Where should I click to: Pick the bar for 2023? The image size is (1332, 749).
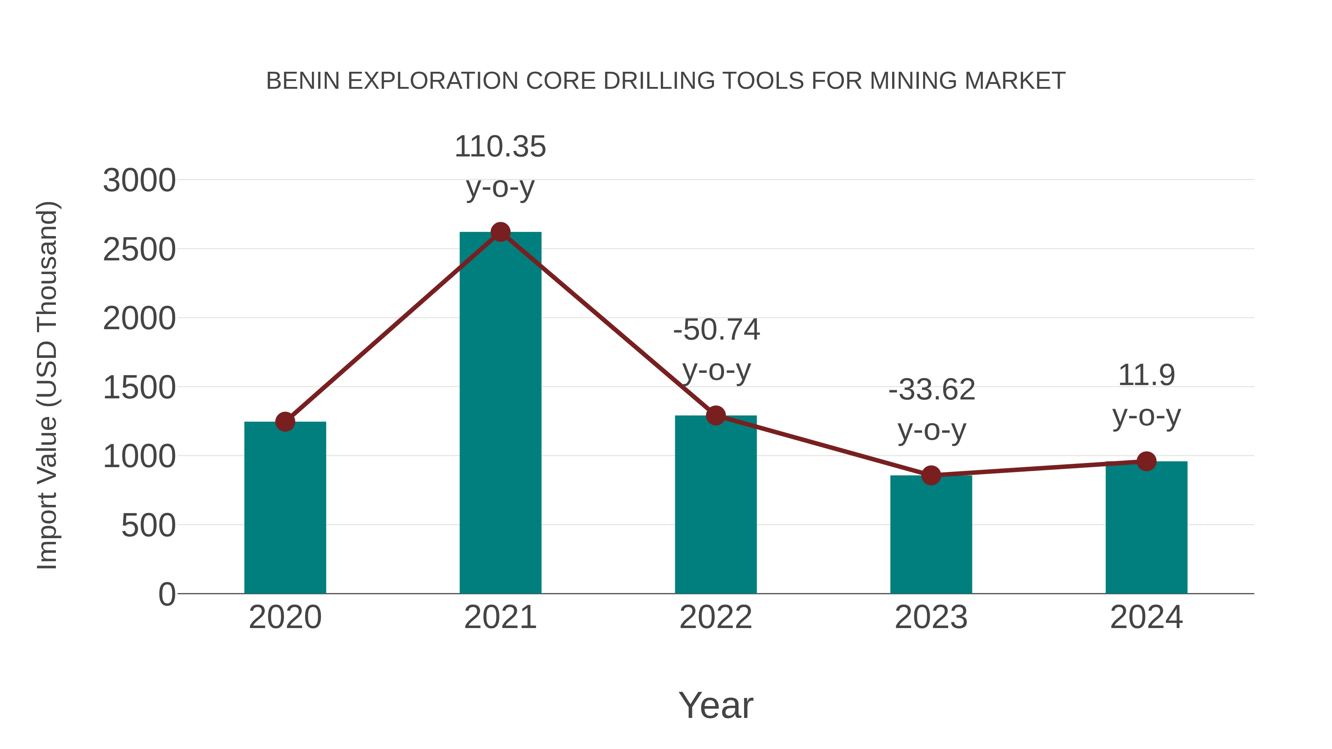coord(931,534)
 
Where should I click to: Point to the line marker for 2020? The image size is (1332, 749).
coord(285,422)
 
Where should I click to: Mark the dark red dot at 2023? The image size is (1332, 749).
coord(931,475)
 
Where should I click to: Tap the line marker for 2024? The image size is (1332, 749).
coord(1146,461)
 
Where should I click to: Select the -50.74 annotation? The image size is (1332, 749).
coord(716,330)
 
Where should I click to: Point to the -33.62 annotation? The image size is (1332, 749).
coord(931,390)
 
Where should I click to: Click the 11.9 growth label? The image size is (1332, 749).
coord(1146,375)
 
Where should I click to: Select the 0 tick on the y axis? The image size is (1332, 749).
coord(166,594)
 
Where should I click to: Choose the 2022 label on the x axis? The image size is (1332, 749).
coord(716,617)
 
